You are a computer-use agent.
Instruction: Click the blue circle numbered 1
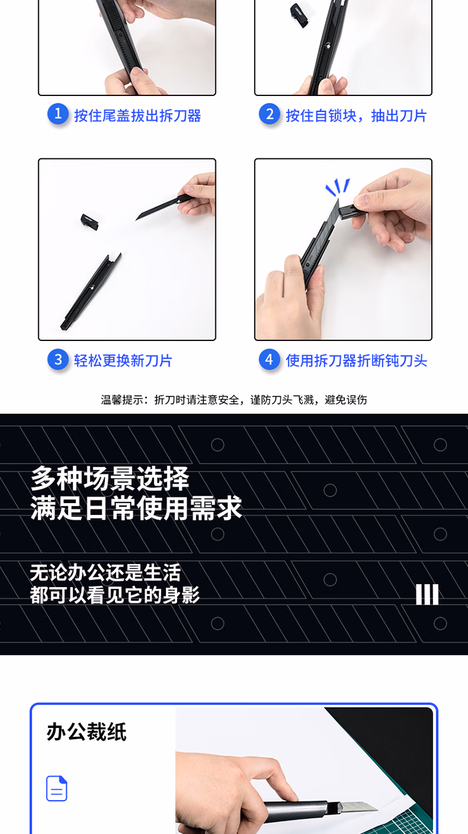coord(58,114)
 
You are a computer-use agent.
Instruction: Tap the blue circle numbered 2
coord(270,114)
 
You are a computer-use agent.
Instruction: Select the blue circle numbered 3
coord(58,359)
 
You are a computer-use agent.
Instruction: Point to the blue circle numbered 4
coord(270,359)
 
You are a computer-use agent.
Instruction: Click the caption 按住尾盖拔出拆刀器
coord(137,116)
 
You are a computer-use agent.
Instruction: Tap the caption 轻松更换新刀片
coord(123,361)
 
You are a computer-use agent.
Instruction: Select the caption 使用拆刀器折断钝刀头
coord(356,361)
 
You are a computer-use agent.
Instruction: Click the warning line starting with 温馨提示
coord(234,400)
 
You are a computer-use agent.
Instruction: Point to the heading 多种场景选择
coord(110,479)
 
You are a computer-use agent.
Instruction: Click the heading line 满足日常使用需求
coord(137,508)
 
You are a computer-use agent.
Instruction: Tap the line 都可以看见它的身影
coord(115,595)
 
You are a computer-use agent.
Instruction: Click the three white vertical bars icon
coord(427,594)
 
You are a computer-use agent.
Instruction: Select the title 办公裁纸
coord(87,732)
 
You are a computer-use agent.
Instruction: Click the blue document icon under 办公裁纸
coord(57,788)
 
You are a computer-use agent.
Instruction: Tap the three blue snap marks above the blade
coord(338,187)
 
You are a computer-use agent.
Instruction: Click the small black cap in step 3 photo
coord(90,221)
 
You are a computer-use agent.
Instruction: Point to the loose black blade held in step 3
coord(164,207)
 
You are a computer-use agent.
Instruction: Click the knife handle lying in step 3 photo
coord(91,292)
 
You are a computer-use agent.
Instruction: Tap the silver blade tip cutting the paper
coord(358,805)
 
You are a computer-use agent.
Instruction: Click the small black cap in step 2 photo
coord(300,15)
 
